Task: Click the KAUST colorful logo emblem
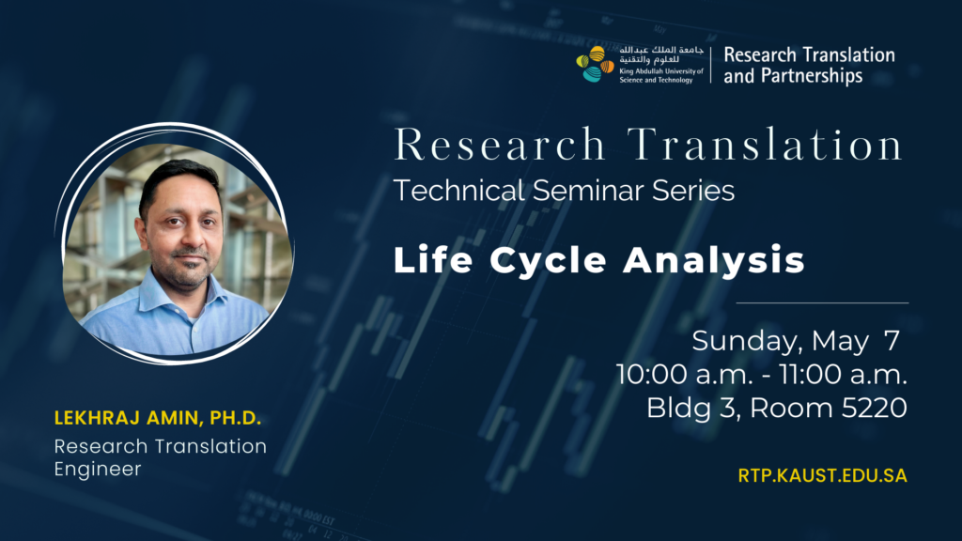(595, 64)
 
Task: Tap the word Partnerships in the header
(812, 76)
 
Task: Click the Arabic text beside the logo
(660, 54)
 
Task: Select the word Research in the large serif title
(500, 145)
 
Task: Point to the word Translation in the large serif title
(765, 145)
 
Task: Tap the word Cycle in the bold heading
(548, 260)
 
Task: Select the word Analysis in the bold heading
(714, 260)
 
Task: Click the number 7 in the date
(892, 340)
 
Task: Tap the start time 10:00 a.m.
(684, 374)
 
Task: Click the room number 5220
(875, 408)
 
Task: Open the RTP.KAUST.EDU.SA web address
(822, 476)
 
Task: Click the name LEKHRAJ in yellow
(98, 418)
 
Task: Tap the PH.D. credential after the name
(236, 418)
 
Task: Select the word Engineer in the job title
(98, 469)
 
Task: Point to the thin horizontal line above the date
(822, 303)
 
